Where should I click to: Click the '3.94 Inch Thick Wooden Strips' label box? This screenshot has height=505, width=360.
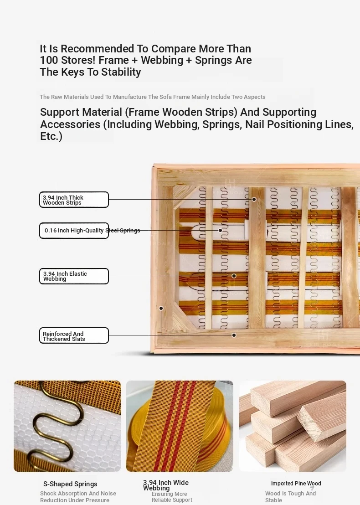(x=74, y=200)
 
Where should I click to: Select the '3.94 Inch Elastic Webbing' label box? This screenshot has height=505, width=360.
(x=74, y=276)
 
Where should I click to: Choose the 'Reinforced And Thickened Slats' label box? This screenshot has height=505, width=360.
(x=74, y=335)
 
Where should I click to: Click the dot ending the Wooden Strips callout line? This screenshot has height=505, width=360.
(x=254, y=199)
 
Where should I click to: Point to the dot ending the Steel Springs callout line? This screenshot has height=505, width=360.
(x=220, y=230)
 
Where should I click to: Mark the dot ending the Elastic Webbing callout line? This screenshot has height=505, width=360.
(x=234, y=276)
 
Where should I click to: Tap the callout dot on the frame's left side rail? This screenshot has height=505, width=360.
(x=161, y=308)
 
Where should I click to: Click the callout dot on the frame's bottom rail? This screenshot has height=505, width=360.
(x=234, y=335)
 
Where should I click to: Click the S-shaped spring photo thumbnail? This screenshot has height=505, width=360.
(x=67, y=426)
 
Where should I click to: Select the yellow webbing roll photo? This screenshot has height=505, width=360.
(x=180, y=426)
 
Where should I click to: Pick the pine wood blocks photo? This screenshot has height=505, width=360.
(x=293, y=426)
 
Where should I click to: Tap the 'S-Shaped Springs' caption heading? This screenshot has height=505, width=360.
(x=70, y=484)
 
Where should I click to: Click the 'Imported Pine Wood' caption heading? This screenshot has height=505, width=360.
(x=296, y=484)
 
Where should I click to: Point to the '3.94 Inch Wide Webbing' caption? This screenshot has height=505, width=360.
(x=166, y=485)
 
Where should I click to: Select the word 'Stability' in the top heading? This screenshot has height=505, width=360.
(x=121, y=72)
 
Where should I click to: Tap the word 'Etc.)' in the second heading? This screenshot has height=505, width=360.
(x=51, y=136)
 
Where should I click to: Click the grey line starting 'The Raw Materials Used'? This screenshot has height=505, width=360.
(x=153, y=97)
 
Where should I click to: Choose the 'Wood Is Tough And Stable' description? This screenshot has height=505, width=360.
(x=290, y=497)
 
